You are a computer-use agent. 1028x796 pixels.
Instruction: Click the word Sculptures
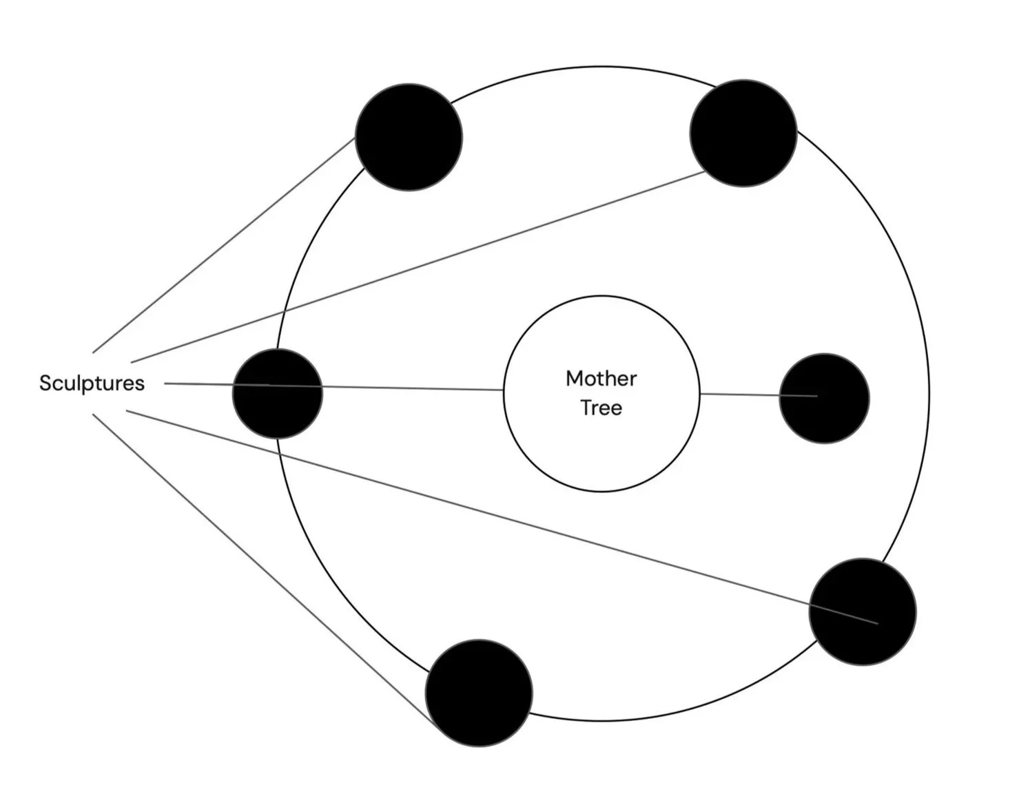click(92, 383)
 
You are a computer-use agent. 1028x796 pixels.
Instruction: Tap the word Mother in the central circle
click(601, 378)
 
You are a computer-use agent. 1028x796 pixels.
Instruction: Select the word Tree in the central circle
click(601, 408)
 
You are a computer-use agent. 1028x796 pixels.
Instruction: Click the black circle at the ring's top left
click(409, 137)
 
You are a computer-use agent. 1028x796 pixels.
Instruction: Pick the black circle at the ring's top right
click(743, 133)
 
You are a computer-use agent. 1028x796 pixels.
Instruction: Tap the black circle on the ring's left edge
click(277, 393)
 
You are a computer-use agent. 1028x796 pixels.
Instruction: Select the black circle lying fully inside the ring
click(824, 398)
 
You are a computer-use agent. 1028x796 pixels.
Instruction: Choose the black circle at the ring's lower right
click(862, 611)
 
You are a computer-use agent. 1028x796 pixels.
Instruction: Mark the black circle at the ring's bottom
click(479, 693)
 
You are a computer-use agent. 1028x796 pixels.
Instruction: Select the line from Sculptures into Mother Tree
click(413, 388)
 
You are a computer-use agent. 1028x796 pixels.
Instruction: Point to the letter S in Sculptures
click(45, 383)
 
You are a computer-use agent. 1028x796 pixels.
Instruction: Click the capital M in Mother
click(573, 378)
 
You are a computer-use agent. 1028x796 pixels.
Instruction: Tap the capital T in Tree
click(586, 408)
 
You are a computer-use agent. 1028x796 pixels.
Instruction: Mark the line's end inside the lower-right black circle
click(877, 623)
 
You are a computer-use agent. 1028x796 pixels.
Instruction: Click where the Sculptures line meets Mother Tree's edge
click(504, 390)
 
